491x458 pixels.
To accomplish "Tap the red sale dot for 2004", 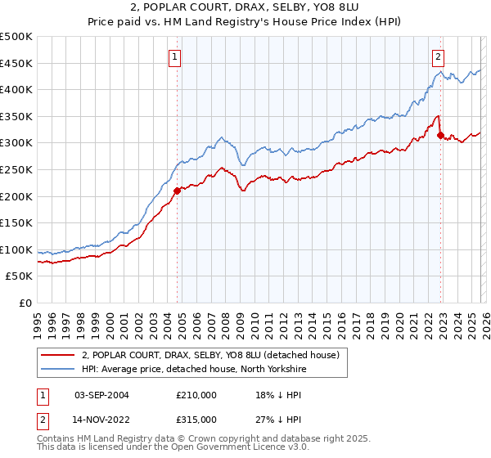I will tap(177, 191).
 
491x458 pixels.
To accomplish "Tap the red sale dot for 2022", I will tap(441, 135).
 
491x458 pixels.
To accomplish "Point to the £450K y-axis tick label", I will tap(16, 63).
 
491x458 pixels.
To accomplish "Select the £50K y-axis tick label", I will tap(20, 276).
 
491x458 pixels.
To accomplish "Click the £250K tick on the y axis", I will tap(16, 169).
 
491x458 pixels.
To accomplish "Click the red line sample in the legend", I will tap(57, 354).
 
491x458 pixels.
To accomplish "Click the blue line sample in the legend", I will tap(57, 369).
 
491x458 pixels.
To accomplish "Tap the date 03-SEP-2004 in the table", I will tap(101, 394).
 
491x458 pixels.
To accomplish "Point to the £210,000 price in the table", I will tap(196, 394).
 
